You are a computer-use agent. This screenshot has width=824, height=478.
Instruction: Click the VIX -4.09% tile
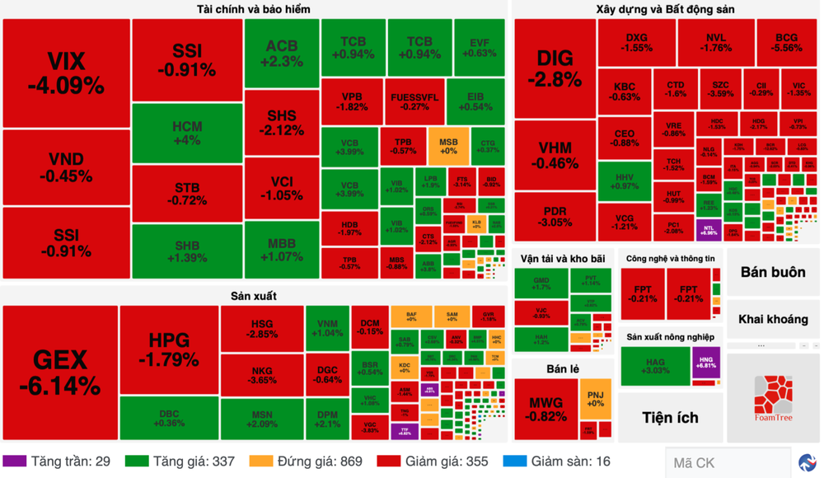(66, 73)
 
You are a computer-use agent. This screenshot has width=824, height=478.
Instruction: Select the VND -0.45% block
(66, 166)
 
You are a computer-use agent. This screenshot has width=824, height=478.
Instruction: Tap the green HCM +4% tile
(187, 134)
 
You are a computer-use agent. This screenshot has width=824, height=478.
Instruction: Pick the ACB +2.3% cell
(281, 53)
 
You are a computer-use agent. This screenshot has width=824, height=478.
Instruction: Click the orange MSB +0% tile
(448, 146)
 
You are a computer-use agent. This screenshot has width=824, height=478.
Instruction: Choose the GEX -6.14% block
(59, 372)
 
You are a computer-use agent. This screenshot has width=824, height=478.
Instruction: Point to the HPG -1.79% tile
(169, 349)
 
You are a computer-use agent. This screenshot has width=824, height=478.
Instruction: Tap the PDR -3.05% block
(555, 217)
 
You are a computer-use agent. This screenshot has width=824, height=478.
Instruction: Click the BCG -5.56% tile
(786, 43)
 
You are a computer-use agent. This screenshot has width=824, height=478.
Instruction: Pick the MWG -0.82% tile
(546, 409)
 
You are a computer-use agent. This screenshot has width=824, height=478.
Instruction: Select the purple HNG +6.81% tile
(706, 366)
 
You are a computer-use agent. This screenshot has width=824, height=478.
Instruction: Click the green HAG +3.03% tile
(655, 366)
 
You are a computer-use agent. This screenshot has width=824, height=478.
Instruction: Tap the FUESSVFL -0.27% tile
(415, 101)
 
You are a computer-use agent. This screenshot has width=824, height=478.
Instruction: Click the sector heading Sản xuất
(254, 295)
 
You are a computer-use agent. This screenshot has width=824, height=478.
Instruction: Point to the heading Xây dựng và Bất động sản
(665, 9)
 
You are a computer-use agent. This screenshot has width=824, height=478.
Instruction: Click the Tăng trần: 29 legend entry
(58, 462)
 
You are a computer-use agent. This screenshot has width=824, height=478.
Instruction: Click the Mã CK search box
(725, 462)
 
